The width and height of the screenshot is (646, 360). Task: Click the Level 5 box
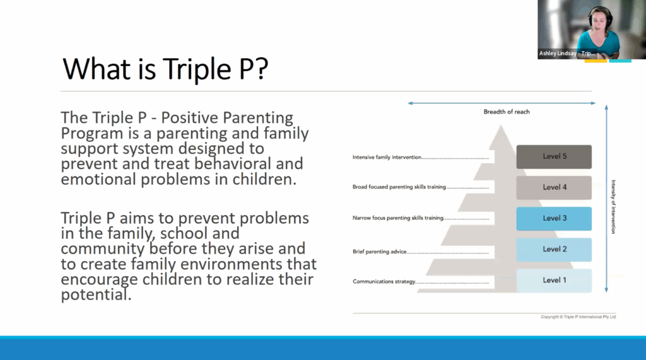point(554,156)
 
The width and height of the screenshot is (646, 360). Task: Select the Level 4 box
point(554,187)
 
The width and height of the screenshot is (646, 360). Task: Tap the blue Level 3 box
point(554,218)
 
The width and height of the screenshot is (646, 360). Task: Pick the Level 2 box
point(554,249)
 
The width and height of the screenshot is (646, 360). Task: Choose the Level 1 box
point(554,281)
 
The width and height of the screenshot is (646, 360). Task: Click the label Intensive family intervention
point(387,158)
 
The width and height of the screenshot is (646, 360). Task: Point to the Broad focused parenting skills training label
point(399,187)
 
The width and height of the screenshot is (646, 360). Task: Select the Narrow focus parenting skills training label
point(398,218)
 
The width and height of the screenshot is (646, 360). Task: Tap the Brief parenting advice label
point(379,252)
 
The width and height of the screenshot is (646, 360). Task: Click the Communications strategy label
point(384,282)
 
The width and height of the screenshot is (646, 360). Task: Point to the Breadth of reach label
point(507,112)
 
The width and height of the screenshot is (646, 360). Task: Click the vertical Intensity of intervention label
point(613,207)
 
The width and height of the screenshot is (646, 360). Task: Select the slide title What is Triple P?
point(165,69)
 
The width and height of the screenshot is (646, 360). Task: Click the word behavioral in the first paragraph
point(233,164)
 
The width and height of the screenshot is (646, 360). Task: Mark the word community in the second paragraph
point(103,249)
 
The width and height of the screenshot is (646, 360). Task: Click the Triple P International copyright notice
point(578,316)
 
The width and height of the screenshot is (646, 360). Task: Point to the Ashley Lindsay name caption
point(567,54)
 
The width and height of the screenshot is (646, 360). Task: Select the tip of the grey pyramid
point(501,125)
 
